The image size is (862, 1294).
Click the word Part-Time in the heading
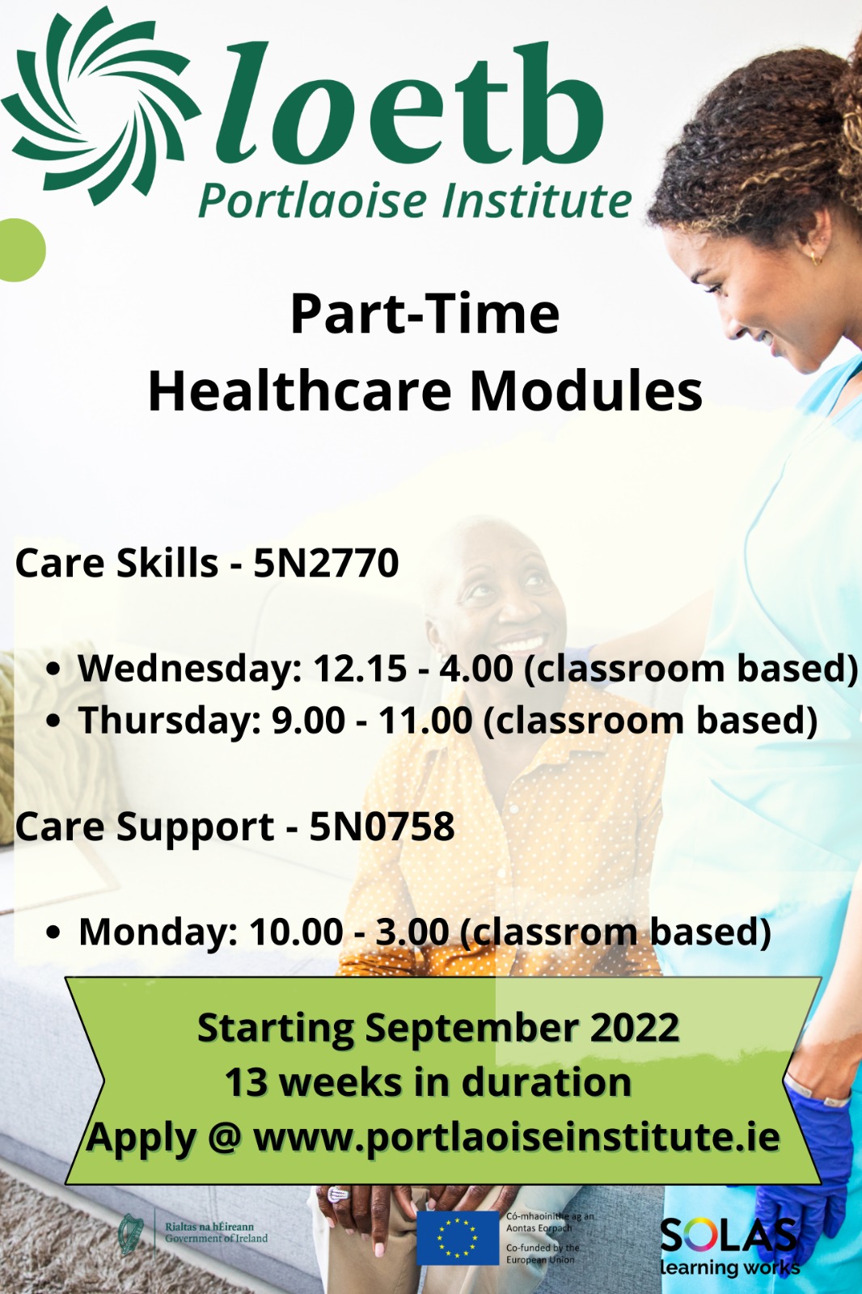(x=425, y=315)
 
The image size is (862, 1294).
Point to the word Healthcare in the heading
(x=299, y=391)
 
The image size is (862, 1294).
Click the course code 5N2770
(x=326, y=563)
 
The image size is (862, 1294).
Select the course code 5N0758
(x=382, y=826)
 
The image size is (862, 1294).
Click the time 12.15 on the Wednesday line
(x=360, y=668)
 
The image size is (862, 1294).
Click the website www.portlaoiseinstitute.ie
(x=517, y=1137)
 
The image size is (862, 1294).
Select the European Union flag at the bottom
(x=458, y=1237)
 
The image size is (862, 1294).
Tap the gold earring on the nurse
(x=816, y=258)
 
